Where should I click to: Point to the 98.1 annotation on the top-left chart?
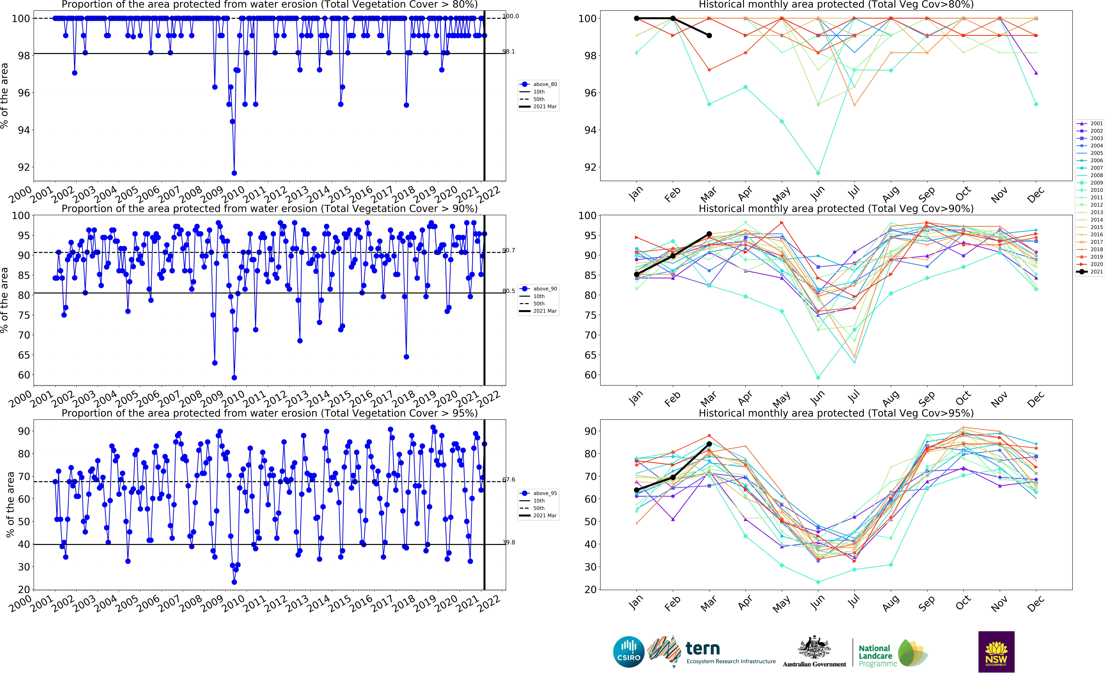point(509,52)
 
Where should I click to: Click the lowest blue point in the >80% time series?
point(234,173)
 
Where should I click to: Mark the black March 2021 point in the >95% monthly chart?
point(709,444)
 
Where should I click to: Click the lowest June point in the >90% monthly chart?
point(818,377)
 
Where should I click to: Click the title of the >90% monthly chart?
point(836,209)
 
